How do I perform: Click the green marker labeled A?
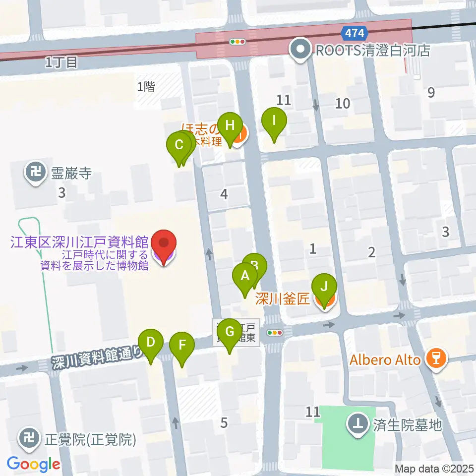pos(244,276)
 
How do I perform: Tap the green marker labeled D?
pos(151,342)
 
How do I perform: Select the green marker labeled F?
pos(182,345)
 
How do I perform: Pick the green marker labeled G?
pos(230,332)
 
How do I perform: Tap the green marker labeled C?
pos(179,146)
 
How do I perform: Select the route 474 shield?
pos(355,34)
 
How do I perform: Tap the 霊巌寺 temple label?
pos(71,173)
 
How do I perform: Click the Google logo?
pos(33,465)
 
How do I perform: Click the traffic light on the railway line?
pos(238,42)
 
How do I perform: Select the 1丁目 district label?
pos(61,62)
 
